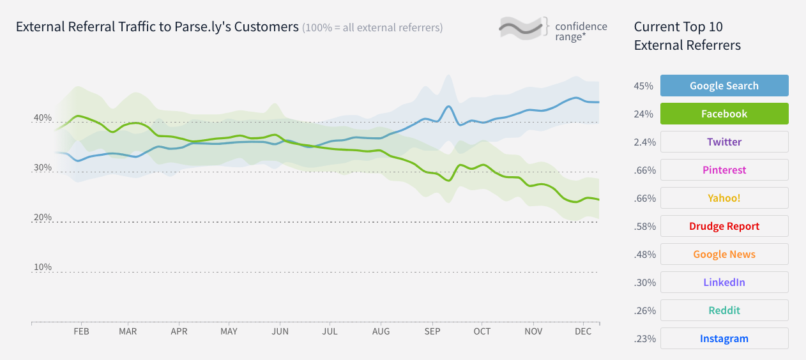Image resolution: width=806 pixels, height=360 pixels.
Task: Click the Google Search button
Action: (724, 86)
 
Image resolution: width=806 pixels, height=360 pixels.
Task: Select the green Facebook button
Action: (724, 114)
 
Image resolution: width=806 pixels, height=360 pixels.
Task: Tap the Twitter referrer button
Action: (724, 142)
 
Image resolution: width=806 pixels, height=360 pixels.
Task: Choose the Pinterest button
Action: (724, 170)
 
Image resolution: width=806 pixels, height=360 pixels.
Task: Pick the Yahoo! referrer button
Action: (724, 198)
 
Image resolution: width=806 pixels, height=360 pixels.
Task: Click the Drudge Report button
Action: (724, 226)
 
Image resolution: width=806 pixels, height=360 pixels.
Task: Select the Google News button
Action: (724, 254)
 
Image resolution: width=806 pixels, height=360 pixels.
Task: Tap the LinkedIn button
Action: (724, 282)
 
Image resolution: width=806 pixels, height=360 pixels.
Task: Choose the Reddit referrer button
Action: (724, 310)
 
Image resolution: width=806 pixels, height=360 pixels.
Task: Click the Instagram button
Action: (724, 338)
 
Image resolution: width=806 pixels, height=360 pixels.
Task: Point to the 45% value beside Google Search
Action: (643, 86)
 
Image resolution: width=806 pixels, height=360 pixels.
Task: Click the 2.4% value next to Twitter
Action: (644, 142)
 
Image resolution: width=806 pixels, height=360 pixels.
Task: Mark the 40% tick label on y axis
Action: (42, 118)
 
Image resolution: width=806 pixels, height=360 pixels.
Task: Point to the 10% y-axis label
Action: (42, 267)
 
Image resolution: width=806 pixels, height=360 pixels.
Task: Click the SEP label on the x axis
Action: (432, 332)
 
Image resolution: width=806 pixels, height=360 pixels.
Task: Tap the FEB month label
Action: (81, 332)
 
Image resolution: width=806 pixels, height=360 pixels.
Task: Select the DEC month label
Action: (582, 332)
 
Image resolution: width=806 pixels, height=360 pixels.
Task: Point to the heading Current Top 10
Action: (678, 27)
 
